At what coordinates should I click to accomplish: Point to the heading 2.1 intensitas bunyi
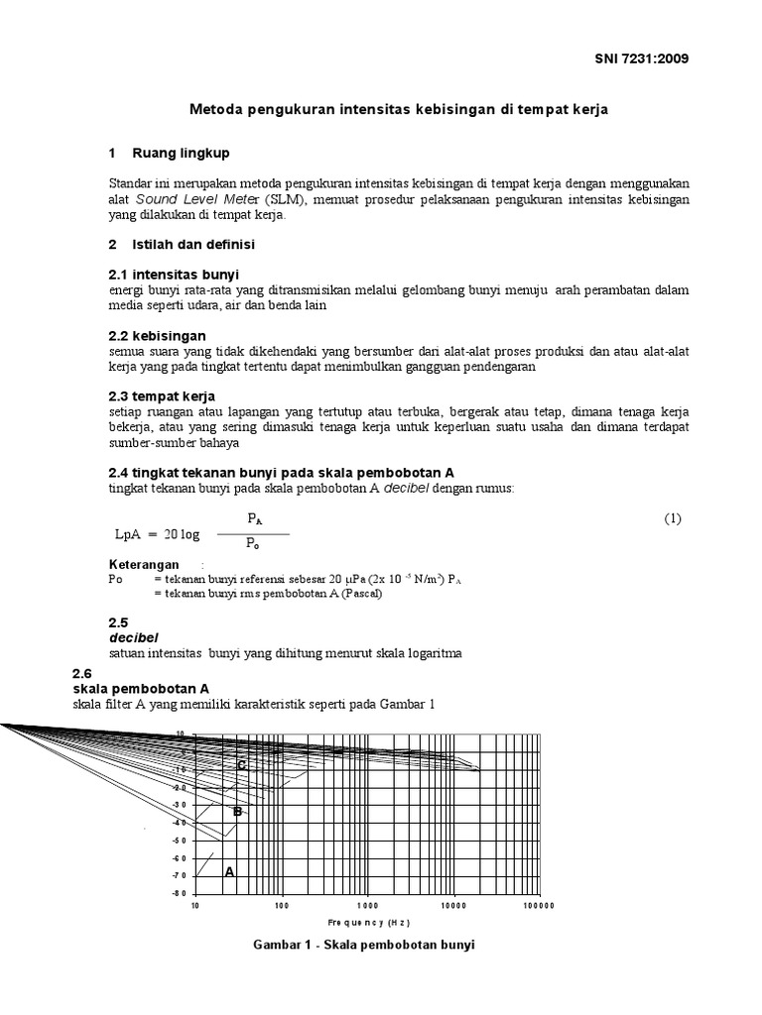coord(174,274)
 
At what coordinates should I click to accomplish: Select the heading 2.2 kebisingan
coord(157,336)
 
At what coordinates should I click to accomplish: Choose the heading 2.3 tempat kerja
coord(162,396)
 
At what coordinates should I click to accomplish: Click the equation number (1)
coord(673,519)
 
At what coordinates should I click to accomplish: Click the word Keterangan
coord(144,564)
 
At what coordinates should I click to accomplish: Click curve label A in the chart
coord(230,872)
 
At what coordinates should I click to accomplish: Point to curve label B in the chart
coord(237,812)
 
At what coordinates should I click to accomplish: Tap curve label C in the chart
coord(240,765)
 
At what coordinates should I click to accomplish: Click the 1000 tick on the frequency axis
coord(368,905)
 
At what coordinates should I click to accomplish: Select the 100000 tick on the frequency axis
coord(539,905)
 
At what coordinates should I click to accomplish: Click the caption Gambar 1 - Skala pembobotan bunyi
coord(366,945)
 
